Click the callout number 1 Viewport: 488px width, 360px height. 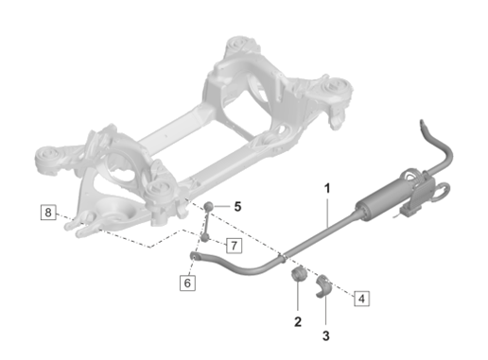click(x=327, y=189)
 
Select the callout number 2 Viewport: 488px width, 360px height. click(x=297, y=322)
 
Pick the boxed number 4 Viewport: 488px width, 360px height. click(x=361, y=299)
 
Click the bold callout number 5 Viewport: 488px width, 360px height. click(x=238, y=205)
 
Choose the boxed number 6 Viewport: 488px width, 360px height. click(x=188, y=282)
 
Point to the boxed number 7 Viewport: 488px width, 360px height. click(x=233, y=246)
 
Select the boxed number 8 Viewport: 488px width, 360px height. click(x=48, y=212)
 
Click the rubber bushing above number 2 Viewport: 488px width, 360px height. click(x=295, y=275)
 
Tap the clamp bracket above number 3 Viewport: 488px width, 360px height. click(x=323, y=281)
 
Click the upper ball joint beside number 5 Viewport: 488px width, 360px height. click(x=211, y=208)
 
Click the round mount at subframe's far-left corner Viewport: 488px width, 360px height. click(x=45, y=154)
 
